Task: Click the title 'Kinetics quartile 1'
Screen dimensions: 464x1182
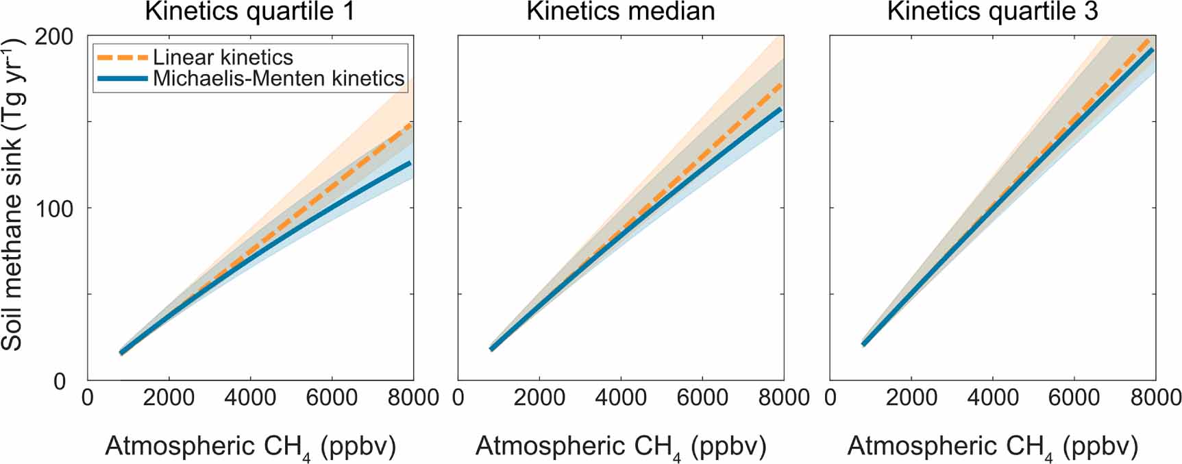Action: pos(250,12)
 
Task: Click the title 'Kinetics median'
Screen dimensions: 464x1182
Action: pos(621,12)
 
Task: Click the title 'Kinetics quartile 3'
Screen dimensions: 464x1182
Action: pos(992,12)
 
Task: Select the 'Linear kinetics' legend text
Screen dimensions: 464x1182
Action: pos(223,58)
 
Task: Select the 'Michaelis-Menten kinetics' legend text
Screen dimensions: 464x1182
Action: pos(278,78)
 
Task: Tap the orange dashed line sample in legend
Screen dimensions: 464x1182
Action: pos(123,58)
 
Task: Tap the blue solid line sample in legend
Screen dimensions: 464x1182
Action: pos(123,79)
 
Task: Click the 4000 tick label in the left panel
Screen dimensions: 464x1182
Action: pos(250,398)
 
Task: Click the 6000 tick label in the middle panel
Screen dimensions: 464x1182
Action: pos(702,398)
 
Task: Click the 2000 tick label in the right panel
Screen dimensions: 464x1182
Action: pos(911,398)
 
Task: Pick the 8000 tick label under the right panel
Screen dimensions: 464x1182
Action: pos(1155,398)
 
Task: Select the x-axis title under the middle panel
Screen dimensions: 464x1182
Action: pos(621,447)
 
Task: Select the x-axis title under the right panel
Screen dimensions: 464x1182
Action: pos(992,447)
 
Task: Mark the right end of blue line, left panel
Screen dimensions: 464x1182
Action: pos(410,163)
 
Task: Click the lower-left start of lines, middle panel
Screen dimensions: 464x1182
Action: pos(492,349)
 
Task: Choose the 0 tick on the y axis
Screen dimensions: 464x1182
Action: pos(60,381)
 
